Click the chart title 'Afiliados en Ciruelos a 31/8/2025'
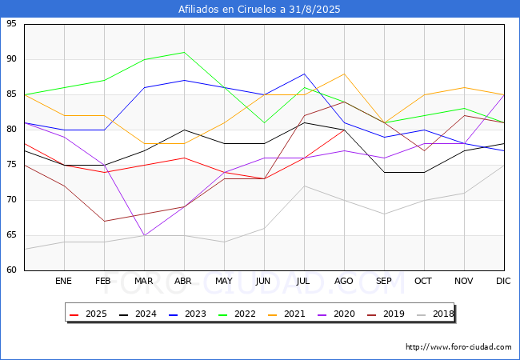(259, 10)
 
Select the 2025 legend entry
(86, 314)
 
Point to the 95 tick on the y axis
(12, 24)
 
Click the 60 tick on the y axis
(12, 270)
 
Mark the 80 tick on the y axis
(12, 130)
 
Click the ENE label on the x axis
(64, 282)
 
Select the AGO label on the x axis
(344, 282)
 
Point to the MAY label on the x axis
(224, 282)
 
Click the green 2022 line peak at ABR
(184, 52)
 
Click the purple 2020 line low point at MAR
(144, 235)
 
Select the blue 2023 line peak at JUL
(304, 74)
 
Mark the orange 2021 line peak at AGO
(344, 74)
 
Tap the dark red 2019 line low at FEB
(104, 221)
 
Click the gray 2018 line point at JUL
(304, 186)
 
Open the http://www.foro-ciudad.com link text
(458, 347)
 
